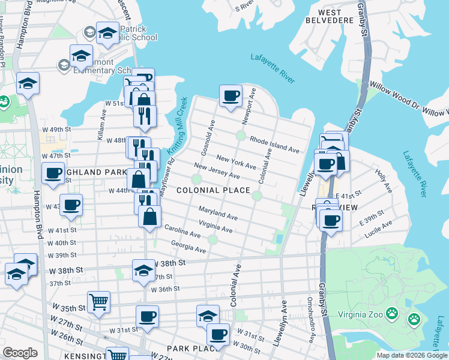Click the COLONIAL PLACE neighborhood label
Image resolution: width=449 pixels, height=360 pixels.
[213, 190]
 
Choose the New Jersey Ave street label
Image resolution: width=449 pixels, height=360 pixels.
[217, 172]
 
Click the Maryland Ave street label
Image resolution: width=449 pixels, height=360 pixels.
[218, 212]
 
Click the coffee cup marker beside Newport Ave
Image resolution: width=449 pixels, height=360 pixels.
[231, 96]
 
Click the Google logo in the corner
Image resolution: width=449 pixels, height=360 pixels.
[20, 353]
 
